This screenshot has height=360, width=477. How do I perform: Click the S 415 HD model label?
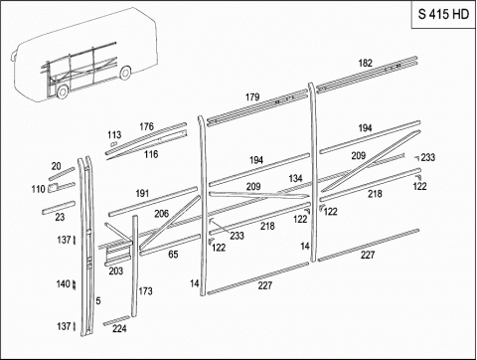(443, 14)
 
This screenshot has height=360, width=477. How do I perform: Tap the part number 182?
(366, 63)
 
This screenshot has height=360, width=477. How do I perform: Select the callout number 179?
(252, 97)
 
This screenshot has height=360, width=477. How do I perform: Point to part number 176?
(146, 126)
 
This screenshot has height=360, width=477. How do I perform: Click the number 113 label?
(114, 135)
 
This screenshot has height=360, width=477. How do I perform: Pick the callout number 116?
(151, 154)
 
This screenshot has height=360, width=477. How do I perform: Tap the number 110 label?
(38, 189)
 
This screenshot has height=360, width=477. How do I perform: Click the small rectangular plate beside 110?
(53, 188)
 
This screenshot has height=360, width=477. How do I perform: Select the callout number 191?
(142, 193)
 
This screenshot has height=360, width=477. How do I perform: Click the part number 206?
(162, 214)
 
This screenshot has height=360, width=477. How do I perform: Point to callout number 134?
(295, 178)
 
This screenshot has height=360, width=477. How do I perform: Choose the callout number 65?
(173, 255)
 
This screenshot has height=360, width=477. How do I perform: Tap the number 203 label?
(116, 270)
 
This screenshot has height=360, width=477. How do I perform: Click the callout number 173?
(145, 291)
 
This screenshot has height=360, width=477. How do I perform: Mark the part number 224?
(119, 328)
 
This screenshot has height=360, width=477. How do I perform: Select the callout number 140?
(64, 283)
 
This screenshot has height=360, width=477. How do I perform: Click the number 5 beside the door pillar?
(98, 300)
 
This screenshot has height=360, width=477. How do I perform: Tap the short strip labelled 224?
(116, 320)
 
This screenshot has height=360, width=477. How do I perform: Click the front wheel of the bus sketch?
(63, 91)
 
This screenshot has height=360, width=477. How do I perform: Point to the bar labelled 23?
(59, 207)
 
